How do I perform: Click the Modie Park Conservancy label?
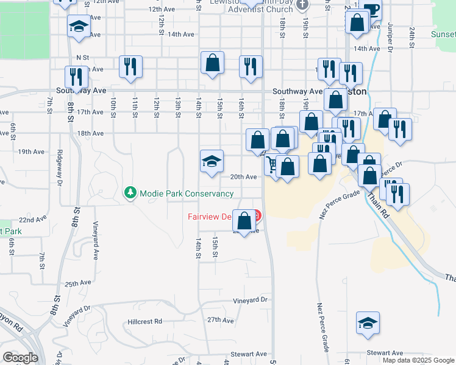click(x=187, y=193)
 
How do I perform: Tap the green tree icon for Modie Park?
click(x=130, y=193)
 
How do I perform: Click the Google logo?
click(x=20, y=358)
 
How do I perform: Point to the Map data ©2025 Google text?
click(x=418, y=360)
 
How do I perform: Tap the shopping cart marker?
click(x=273, y=164)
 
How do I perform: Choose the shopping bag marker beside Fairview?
click(x=244, y=220)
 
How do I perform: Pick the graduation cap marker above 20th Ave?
click(x=212, y=161)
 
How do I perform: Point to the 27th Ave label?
click(x=220, y=319)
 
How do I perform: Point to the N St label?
click(x=83, y=58)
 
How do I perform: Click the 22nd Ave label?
click(x=31, y=220)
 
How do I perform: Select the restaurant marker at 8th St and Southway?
click(x=76, y=76)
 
